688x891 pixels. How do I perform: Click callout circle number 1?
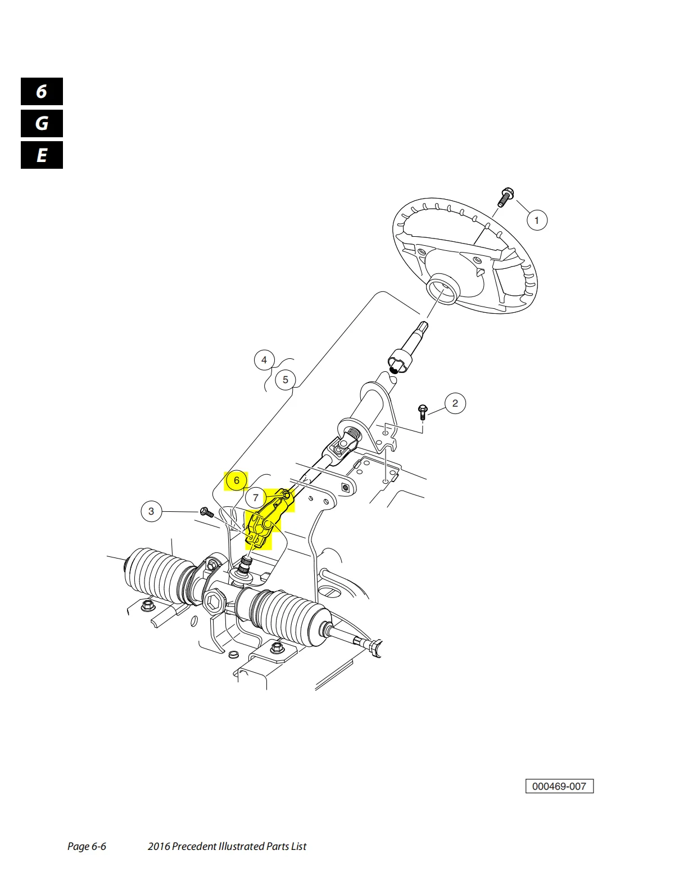click(x=536, y=220)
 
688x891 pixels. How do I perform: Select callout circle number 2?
click(x=455, y=403)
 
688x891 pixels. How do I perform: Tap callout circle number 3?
click(x=151, y=511)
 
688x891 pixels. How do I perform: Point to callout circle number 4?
click(x=264, y=360)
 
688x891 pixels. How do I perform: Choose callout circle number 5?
click(x=285, y=380)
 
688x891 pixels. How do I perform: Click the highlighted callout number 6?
click(x=237, y=480)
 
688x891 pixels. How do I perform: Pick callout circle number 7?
click(x=256, y=498)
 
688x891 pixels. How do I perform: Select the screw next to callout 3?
click(x=206, y=512)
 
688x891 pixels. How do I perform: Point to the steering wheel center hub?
click(x=443, y=289)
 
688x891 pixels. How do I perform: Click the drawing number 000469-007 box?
click(x=559, y=786)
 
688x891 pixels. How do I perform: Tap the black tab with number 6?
click(x=42, y=92)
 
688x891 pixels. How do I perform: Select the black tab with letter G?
click(x=42, y=123)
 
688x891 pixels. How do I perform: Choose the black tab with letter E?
click(x=42, y=155)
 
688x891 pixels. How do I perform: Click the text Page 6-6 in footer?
click(x=87, y=847)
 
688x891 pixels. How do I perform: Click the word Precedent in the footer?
click(x=197, y=847)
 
